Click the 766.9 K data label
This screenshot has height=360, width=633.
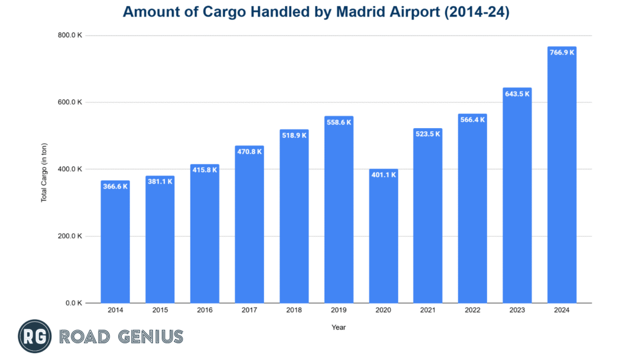(x=562, y=53)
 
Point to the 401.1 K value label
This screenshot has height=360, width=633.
(x=383, y=174)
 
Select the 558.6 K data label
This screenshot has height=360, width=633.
(x=339, y=122)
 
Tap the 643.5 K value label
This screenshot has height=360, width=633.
(x=517, y=93)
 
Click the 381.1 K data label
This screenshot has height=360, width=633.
(x=160, y=181)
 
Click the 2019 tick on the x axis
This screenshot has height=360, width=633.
(x=339, y=309)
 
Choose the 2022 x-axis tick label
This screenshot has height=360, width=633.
(x=473, y=309)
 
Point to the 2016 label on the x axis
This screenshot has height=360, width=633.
(x=205, y=309)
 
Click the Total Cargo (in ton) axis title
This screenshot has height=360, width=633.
(x=45, y=169)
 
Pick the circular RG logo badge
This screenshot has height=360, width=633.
(x=35, y=336)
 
